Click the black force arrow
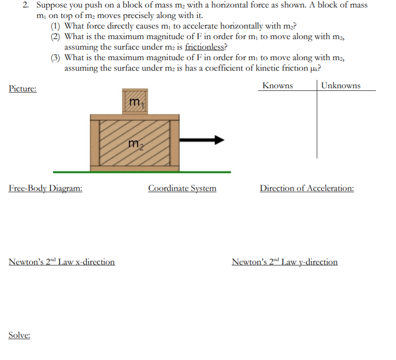pos(202,140)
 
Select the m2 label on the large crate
pos(135,143)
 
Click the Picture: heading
pos(23,89)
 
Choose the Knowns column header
pos(278,86)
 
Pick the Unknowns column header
pos(341,86)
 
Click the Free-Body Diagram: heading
pos(45,189)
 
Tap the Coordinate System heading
pos(182,189)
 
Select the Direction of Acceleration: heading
pos(307,189)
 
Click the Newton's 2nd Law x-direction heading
pos(62,262)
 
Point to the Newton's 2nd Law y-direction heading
pos(284,262)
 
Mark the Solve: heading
pos(19,335)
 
